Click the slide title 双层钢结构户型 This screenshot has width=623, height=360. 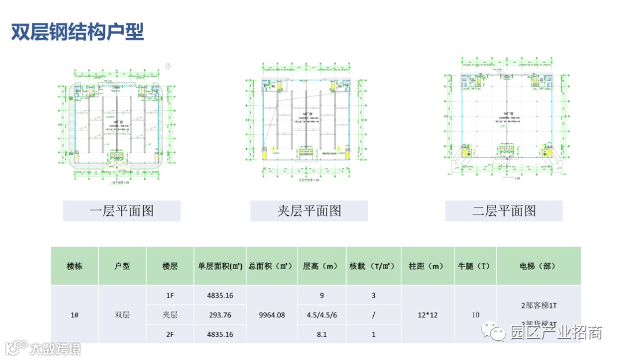(78, 31)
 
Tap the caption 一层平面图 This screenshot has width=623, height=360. (122, 211)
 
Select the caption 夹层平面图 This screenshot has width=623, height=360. (309, 211)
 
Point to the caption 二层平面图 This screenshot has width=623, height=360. (504, 211)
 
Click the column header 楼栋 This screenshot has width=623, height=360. (74, 267)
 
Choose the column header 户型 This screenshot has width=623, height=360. (122, 267)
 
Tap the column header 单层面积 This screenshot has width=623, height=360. (220, 267)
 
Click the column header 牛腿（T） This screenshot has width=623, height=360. (475, 267)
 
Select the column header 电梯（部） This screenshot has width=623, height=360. (538, 267)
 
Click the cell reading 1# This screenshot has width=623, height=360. (74, 315)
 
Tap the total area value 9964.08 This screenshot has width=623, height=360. (271, 315)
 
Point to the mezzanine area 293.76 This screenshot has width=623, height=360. (220, 315)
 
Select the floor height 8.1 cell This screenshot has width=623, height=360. (321, 334)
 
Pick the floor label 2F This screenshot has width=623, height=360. (170, 334)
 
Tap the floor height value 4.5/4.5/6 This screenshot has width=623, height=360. (321, 315)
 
